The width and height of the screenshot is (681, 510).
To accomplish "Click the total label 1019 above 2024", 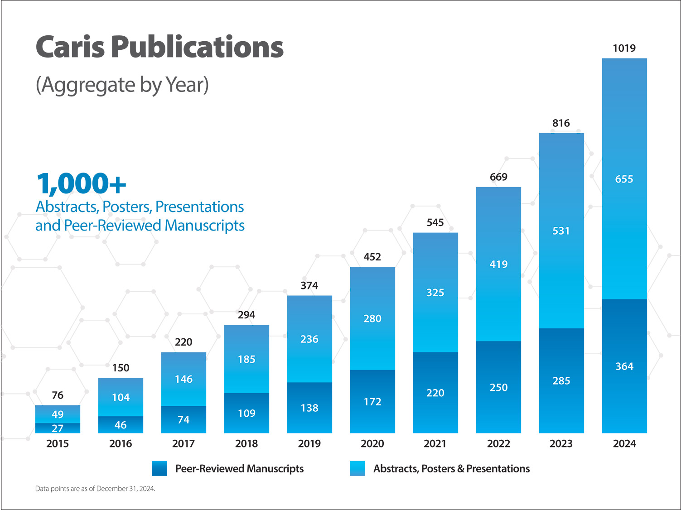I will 624,48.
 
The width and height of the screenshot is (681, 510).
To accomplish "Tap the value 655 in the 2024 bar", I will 624,179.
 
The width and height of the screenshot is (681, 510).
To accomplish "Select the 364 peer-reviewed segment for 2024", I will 624,366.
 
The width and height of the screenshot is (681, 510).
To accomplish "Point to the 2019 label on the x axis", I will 309,443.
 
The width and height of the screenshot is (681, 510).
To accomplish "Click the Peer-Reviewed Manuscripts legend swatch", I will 159,468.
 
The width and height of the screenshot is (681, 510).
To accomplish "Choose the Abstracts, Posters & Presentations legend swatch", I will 357,468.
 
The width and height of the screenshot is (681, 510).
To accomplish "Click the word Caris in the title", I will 70,47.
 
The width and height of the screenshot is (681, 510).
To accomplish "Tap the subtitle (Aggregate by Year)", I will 122,85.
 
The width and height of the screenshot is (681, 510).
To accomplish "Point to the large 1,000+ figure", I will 81,183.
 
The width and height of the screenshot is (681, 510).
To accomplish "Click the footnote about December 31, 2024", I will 95,489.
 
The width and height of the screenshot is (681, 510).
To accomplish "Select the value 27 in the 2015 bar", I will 58,428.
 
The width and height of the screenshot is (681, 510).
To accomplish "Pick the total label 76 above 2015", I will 58,395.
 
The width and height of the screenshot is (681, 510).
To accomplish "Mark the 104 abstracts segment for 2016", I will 121,397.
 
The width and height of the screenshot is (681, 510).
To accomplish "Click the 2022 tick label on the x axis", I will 498,443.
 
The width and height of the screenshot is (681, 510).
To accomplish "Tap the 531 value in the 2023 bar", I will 561,231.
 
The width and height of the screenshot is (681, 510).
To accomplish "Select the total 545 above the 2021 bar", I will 435,222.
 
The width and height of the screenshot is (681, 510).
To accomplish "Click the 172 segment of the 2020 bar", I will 372,402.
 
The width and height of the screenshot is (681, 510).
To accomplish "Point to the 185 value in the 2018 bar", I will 246,359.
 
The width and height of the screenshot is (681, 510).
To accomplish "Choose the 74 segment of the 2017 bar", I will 184,420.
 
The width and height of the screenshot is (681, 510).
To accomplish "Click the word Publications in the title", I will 197,47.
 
